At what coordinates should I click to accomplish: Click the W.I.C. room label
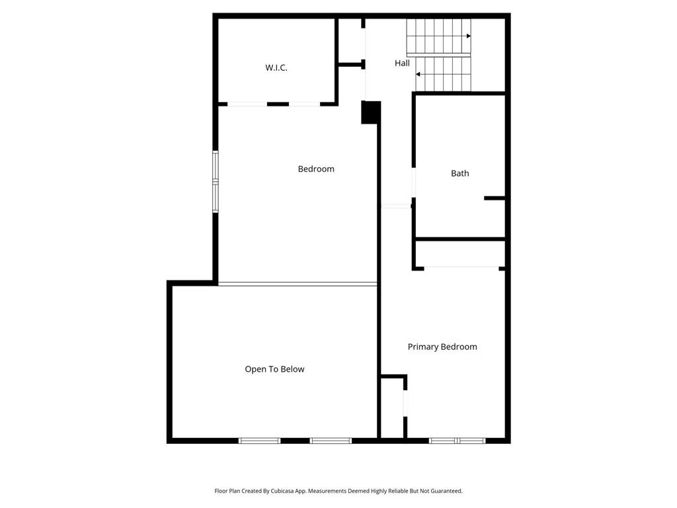(276, 68)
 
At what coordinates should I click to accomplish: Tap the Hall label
(402, 63)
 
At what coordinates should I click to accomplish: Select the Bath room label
(460, 173)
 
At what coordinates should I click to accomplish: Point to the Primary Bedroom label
(442, 347)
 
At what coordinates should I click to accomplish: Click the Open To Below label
(274, 369)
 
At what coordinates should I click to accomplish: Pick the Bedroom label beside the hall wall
(316, 169)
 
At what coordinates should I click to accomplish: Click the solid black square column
(370, 112)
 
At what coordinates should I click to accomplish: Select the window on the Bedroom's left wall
(216, 181)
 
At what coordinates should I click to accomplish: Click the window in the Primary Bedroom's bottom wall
(458, 441)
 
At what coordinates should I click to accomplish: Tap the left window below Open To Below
(259, 441)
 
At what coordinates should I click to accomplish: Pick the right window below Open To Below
(331, 441)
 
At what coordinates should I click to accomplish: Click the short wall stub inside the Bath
(495, 198)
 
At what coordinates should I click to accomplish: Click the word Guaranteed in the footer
(447, 491)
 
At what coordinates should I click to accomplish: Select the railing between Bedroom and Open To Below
(298, 284)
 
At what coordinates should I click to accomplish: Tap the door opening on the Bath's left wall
(414, 183)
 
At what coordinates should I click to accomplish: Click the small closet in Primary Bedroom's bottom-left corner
(393, 407)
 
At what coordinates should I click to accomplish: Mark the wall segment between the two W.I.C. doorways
(278, 104)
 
